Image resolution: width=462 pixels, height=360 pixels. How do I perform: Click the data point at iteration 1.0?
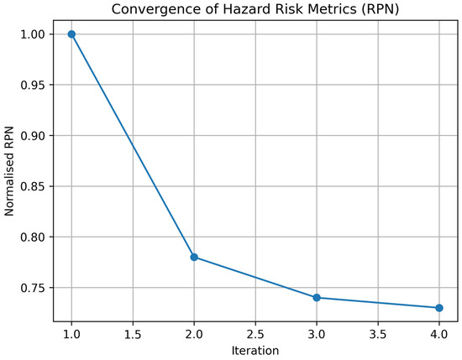pyautogui.click(x=71, y=34)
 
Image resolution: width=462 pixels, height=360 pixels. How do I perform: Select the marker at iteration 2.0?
pyautogui.click(x=194, y=258)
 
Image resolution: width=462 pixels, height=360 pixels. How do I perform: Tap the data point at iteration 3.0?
pyautogui.click(x=317, y=298)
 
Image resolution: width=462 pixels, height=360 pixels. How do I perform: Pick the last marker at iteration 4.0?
pyautogui.click(x=439, y=308)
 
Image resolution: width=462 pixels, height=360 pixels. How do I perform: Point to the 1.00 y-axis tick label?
pyautogui.click(x=33, y=34)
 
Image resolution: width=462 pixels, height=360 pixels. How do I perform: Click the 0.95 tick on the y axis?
pyautogui.click(x=33, y=85)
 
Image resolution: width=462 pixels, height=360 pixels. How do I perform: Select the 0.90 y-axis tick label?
pyautogui.click(x=33, y=136)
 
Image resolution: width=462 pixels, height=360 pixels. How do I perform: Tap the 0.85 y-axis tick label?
pyautogui.click(x=33, y=186)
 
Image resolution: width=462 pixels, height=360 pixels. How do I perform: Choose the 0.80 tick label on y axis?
pyautogui.click(x=33, y=237)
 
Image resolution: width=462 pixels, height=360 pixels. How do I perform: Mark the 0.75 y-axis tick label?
pyautogui.click(x=33, y=288)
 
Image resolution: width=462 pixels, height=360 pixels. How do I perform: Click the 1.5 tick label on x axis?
pyautogui.click(x=133, y=334)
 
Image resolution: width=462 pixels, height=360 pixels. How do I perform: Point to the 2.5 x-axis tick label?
pyautogui.click(x=255, y=334)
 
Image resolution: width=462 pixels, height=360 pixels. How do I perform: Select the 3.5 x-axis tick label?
pyautogui.click(x=378, y=334)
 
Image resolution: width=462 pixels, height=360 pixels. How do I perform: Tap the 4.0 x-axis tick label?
pyautogui.click(x=439, y=334)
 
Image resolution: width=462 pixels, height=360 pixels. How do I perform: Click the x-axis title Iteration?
pyautogui.click(x=255, y=351)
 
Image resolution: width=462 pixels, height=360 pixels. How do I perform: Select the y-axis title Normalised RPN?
pyautogui.click(x=9, y=171)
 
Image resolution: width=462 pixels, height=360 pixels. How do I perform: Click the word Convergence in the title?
pyautogui.click(x=164, y=10)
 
